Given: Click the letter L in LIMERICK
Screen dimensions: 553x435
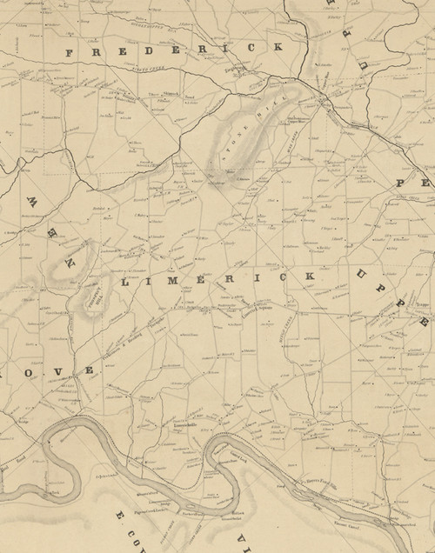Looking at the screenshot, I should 129,283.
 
